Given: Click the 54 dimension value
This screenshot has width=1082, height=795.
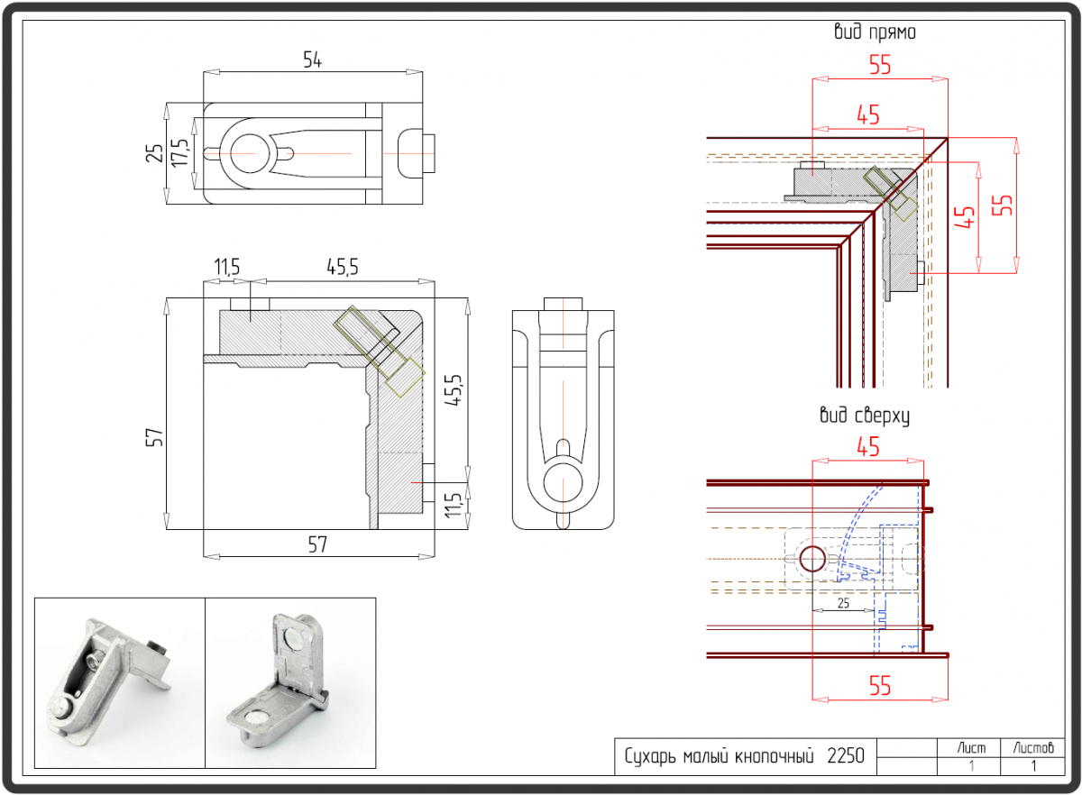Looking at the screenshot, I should coord(312,60).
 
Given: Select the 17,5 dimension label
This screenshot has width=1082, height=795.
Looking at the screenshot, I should coord(179,152).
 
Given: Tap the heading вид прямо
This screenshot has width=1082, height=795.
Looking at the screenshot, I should coord(876,32).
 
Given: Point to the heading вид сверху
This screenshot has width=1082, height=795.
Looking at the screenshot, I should coord(864,416).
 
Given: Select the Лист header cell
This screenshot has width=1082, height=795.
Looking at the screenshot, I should coord(972,747).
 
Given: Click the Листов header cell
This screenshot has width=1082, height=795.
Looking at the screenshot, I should coord(1032,747).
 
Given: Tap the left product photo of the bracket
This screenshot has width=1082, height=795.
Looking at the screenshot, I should coord(119,682).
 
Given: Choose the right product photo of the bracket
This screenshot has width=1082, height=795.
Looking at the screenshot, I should coord(289,682).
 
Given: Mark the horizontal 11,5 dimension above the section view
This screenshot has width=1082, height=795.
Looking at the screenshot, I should coord(226,267).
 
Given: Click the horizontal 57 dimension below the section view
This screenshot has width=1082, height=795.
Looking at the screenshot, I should coord(316,544).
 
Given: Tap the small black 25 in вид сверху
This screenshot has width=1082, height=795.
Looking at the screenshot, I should coord(843,602).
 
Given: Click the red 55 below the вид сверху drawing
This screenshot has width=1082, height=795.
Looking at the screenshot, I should coord(880,686).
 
